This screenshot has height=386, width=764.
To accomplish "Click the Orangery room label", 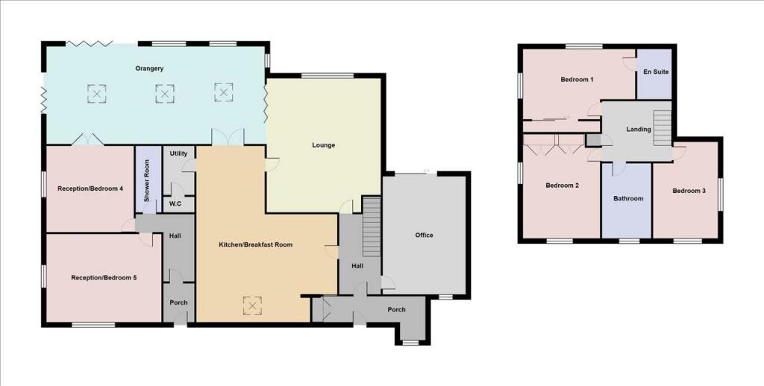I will [149, 69].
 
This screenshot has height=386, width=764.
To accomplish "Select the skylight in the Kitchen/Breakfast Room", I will [253, 306].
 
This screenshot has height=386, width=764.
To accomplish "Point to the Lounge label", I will [323, 145].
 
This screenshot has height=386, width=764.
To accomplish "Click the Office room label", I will [424, 235].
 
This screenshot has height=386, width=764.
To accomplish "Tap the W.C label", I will [175, 203].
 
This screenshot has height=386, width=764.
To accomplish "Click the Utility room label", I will [178, 153].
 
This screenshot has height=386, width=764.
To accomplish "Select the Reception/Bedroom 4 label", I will [90, 189].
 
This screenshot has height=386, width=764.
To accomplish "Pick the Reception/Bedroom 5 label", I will [104, 278].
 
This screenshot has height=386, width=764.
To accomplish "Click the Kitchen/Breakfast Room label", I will [255, 244].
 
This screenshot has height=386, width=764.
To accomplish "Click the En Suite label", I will [655, 72].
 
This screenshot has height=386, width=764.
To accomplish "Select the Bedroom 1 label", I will [577, 79].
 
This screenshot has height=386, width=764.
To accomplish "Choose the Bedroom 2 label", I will [562, 186].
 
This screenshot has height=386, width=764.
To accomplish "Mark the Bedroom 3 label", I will [688, 191].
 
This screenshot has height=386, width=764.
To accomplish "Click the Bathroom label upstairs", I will [628, 198].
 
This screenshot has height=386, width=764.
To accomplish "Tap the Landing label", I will [639, 129].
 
